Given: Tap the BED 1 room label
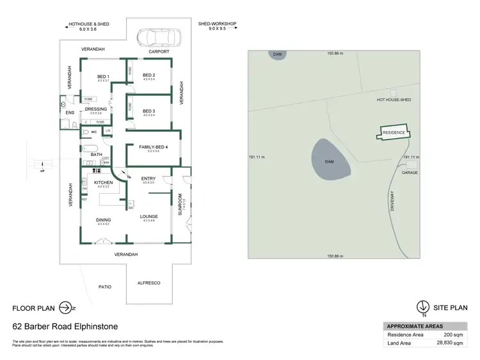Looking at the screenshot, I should tap(104, 77).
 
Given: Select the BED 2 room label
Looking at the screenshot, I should tap(149, 75).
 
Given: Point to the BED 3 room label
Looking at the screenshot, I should tap(149, 111).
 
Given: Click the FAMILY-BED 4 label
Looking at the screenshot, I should tap(153, 147).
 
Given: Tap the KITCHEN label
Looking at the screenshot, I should tap(104, 183).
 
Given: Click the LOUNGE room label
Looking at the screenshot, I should tap(149, 216).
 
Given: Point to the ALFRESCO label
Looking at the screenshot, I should tap(148, 283).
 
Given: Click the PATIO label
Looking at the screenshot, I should tap(104, 286).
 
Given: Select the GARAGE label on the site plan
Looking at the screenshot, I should tap(410, 173).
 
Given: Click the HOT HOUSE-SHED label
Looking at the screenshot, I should tap(394, 100).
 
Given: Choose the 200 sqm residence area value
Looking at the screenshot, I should tap(452, 334).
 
